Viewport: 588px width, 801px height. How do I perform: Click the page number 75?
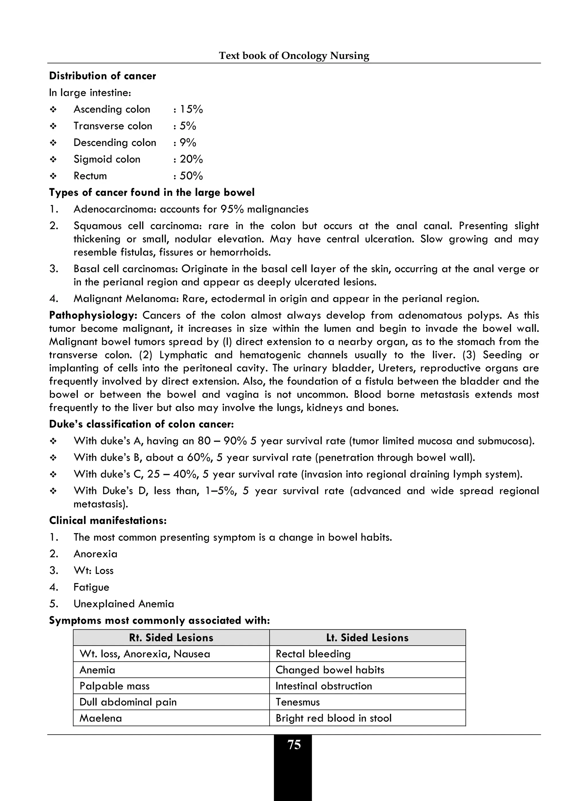click(x=294, y=745)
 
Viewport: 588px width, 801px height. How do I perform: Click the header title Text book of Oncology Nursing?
click(x=294, y=55)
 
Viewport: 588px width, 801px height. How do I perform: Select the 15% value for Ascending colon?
click(x=191, y=109)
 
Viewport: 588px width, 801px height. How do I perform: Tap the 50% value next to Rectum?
click(x=191, y=176)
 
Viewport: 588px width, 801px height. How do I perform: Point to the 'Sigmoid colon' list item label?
click(x=107, y=159)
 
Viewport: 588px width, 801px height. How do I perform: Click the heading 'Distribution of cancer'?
click(x=102, y=76)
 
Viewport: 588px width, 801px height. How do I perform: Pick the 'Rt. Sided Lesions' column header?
click(x=171, y=638)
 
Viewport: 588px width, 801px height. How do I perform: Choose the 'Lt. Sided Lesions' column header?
click(x=367, y=638)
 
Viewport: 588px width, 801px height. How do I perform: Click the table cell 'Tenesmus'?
click(x=297, y=702)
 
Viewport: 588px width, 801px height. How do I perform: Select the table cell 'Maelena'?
click(x=101, y=718)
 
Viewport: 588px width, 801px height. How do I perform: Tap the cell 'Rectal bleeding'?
click(x=313, y=654)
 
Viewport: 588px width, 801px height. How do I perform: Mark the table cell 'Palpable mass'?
click(x=115, y=686)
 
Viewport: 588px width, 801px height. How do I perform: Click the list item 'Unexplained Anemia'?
click(x=123, y=604)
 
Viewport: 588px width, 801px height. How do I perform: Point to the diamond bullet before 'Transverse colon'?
click(x=53, y=126)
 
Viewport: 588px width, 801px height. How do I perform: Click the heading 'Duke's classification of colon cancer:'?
click(x=141, y=424)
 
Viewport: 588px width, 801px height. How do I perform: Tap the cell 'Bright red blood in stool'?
click(x=334, y=718)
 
